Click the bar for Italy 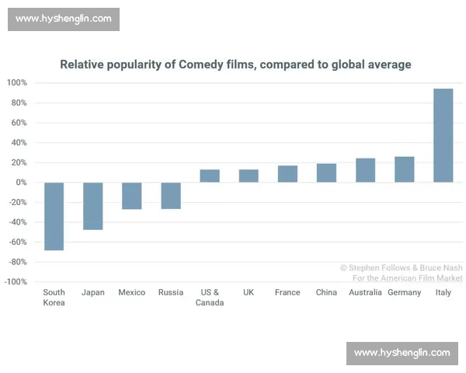(x=443, y=135)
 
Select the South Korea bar (x=54, y=216)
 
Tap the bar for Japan (x=93, y=206)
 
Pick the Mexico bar (x=132, y=196)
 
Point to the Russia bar (x=171, y=196)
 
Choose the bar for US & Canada (x=210, y=176)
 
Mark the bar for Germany (x=404, y=169)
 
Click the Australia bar (x=365, y=170)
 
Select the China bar (x=326, y=173)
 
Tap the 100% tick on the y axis (x=17, y=83)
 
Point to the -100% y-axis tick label (x=16, y=281)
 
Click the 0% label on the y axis (x=21, y=183)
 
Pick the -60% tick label (x=17, y=242)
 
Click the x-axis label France (x=287, y=293)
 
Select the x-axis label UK (x=249, y=293)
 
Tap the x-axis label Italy (x=443, y=293)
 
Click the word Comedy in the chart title (x=202, y=64)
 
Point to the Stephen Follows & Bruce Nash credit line (x=401, y=267)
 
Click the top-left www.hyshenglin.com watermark (x=64, y=19)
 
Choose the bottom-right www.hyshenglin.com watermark (x=402, y=353)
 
